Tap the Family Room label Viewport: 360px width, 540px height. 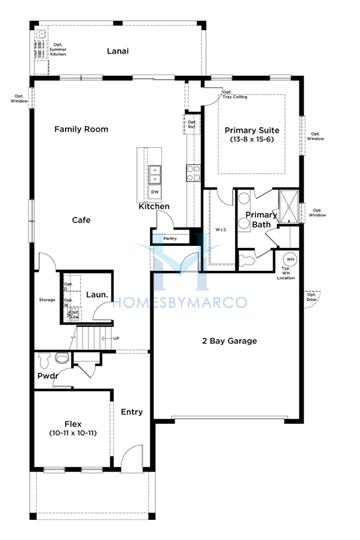coord(81,129)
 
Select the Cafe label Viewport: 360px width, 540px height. coord(82,220)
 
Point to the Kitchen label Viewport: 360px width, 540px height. coord(154,207)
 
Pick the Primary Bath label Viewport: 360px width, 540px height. coord(261,220)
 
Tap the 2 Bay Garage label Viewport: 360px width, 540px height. coord(228,341)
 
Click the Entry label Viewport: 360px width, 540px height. coord(131,411)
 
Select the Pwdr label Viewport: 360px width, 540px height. coord(46,377)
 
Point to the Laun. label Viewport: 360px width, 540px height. coord(96,294)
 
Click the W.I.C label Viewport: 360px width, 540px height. coord(222,229)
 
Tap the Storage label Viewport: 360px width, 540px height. coord(46,299)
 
